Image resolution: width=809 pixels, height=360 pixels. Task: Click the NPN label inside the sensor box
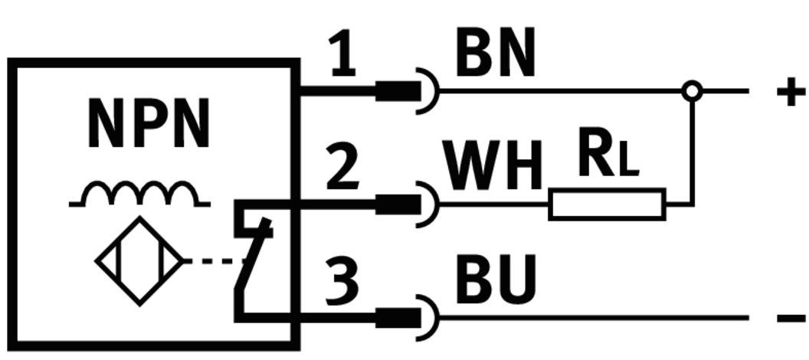click(149, 123)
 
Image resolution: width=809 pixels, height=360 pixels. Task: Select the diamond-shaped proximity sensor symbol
click(139, 261)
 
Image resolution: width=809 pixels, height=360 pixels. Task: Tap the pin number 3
click(342, 279)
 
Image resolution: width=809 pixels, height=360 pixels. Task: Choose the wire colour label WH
click(493, 167)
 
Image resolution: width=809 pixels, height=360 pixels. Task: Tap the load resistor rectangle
click(607, 205)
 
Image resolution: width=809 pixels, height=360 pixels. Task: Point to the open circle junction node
click(692, 91)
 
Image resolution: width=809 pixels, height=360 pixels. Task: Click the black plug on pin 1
click(398, 91)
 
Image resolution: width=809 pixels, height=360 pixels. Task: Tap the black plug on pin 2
click(398, 205)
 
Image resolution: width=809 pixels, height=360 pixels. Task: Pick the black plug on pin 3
click(398, 317)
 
